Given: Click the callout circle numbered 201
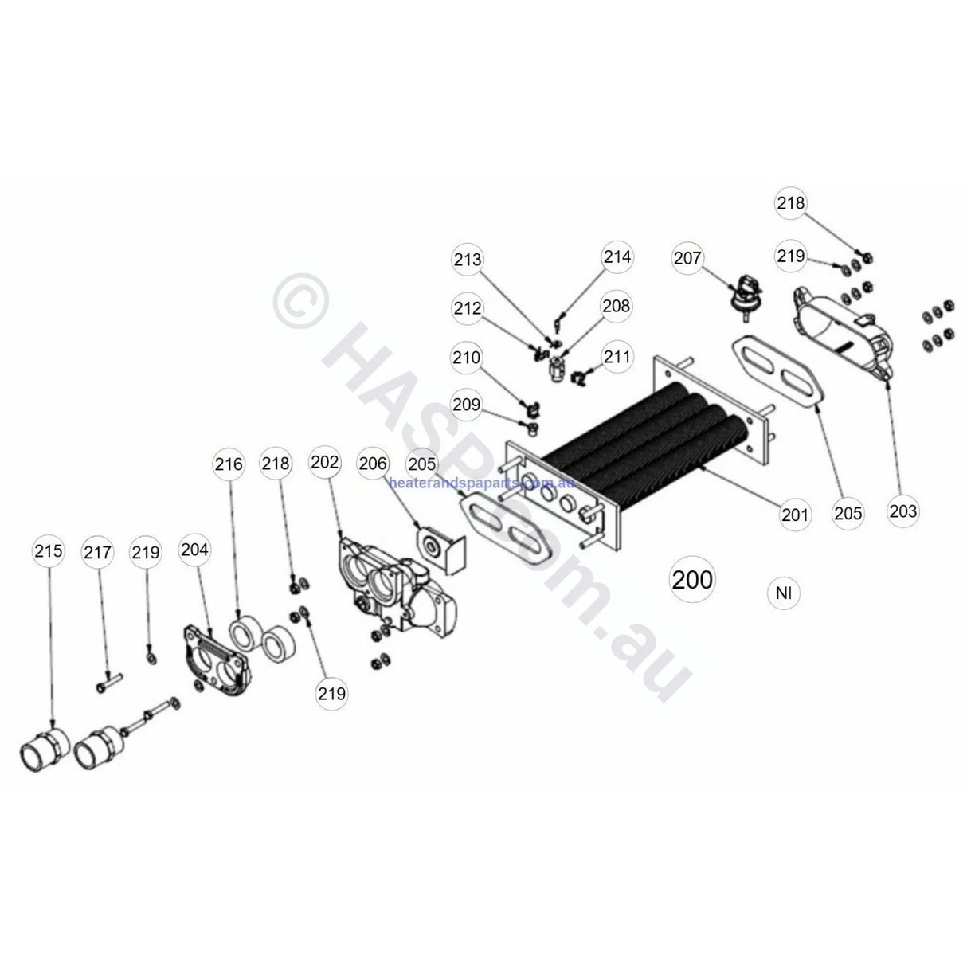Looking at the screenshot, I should [x=794, y=515].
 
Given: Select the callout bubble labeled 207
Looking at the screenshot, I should [x=688, y=259].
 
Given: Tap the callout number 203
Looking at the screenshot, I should [x=902, y=511].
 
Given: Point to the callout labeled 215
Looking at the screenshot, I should [x=49, y=551].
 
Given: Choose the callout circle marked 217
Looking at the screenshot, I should [x=99, y=552].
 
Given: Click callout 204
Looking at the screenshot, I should [x=194, y=550].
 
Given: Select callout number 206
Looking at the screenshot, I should [x=373, y=464].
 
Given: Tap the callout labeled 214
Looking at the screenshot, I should [x=617, y=256].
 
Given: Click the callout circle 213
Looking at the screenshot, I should [x=468, y=260].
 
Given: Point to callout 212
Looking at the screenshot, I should [x=468, y=307].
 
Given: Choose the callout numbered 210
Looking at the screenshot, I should [x=467, y=358].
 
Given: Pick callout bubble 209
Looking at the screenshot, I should [x=467, y=405].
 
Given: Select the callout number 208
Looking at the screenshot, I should [x=616, y=306].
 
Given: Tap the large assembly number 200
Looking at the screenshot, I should [x=692, y=579].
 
